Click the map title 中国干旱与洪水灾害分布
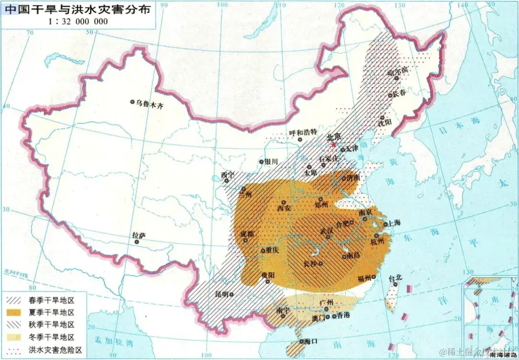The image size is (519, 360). (78, 9)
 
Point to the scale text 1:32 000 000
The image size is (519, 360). (78, 22)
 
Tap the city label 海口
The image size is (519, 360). (305, 341)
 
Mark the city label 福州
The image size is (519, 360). (364, 277)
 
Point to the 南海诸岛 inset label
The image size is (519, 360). (503, 355)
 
